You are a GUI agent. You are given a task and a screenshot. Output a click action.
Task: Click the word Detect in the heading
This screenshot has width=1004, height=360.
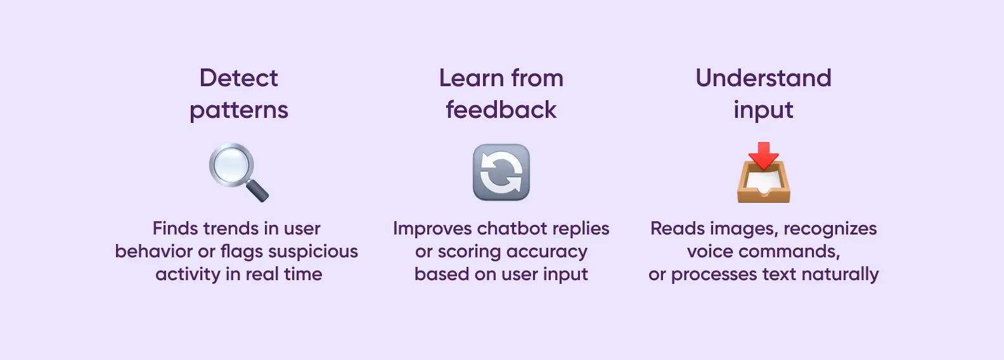(238, 78)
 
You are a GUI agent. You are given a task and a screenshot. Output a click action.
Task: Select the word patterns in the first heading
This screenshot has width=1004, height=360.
(238, 110)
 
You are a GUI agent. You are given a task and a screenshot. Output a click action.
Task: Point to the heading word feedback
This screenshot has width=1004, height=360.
(501, 110)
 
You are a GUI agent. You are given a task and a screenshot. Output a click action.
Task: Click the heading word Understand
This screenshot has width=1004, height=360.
(763, 78)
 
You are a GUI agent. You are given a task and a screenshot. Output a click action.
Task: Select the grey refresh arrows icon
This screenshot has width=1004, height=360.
(501, 172)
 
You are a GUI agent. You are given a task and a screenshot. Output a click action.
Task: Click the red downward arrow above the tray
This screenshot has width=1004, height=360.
(763, 154)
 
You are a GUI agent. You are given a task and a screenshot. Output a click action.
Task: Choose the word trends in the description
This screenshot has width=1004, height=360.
(229, 229)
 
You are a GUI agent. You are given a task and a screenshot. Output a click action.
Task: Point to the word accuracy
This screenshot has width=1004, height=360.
(547, 252)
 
